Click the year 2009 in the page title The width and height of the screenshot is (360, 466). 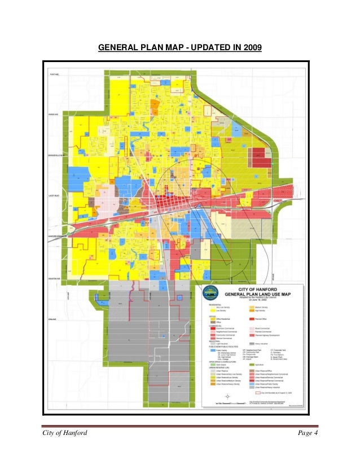click(252, 48)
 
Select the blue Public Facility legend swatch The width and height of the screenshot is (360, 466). click(214, 349)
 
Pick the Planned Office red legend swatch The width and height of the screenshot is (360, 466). click(251, 318)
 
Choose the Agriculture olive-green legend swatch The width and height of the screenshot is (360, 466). click(251, 366)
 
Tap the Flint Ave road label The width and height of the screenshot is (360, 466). click(54, 74)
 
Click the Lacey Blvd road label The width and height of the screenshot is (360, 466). click(55, 196)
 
